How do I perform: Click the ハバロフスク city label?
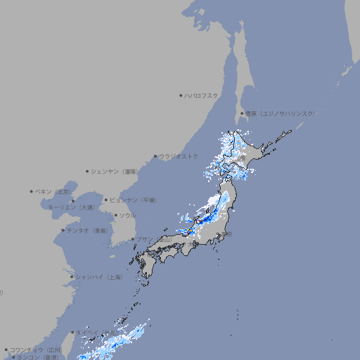202,95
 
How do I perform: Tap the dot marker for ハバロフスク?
181,95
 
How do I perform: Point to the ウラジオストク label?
179,156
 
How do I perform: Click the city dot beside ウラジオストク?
155,157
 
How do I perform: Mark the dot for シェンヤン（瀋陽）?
88,171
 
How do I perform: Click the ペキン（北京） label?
53,191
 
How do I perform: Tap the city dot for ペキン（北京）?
32,191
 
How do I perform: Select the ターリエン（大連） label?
70,207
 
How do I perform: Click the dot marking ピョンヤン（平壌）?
106,200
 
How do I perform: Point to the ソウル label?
127,215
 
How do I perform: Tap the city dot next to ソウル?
115,215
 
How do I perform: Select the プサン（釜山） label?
154,240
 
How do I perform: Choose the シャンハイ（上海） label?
98,277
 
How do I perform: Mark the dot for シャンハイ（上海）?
72,277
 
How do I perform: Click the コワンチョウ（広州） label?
36,349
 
